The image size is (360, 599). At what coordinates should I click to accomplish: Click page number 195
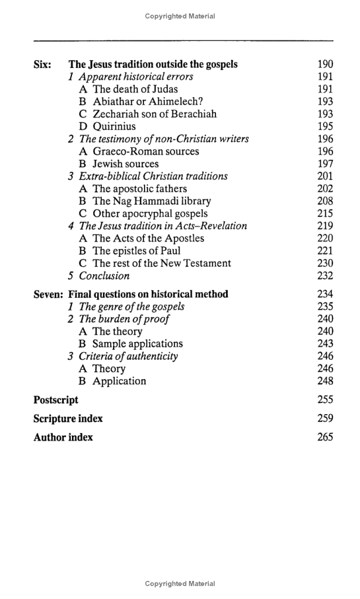(x=325, y=126)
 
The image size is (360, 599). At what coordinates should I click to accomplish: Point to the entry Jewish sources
(x=125, y=164)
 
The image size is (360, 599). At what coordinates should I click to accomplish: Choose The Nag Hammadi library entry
(x=152, y=201)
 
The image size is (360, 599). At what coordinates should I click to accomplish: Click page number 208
(x=325, y=201)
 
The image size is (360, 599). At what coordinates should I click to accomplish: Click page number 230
(x=325, y=263)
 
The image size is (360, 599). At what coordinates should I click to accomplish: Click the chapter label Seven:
(x=49, y=294)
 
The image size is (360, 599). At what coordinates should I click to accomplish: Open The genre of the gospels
(x=132, y=307)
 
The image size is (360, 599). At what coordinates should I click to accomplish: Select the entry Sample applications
(x=138, y=344)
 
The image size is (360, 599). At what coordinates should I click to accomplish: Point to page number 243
(x=325, y=344)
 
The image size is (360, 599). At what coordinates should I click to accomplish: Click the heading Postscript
(x=56, y=400)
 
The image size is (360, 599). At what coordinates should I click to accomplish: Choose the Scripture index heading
(x=68, y=419)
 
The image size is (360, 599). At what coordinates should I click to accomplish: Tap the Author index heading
(x=63, y=437)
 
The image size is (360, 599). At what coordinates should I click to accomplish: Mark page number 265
(x=325, y=437)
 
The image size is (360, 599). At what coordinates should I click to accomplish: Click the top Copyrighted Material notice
(x=180, y=16)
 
